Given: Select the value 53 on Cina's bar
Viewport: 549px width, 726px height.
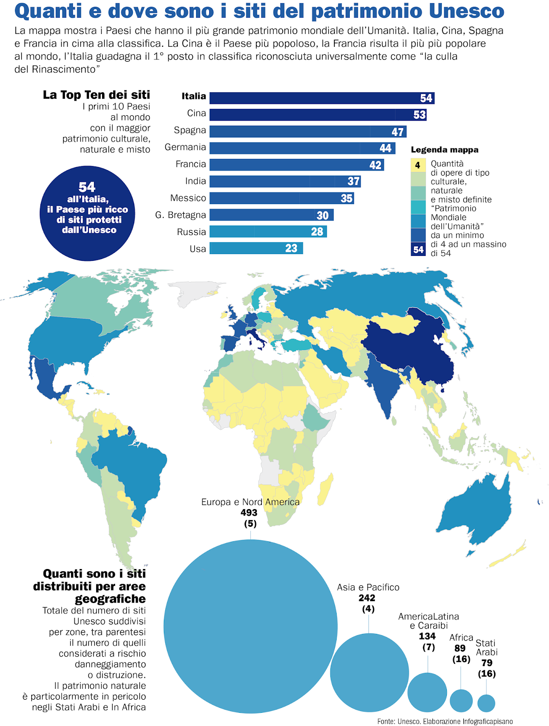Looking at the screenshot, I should click(x=419, y=115).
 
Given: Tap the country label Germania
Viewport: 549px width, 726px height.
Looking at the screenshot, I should click(x=185, y=147).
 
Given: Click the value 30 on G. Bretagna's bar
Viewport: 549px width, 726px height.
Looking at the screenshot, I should click(x=322, y=216).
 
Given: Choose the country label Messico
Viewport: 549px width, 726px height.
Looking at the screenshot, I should click(x=188, y=198).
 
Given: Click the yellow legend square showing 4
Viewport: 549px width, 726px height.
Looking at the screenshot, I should click(x=418, y=165).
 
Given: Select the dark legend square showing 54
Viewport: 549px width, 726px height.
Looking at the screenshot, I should click(x=418, y=249).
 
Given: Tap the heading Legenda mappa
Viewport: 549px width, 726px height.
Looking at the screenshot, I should click(x=444, y=150).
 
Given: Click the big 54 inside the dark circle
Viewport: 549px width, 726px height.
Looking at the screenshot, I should click(x=87, y=187).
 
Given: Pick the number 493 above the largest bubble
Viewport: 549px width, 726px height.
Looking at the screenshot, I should click(x=249, y=513).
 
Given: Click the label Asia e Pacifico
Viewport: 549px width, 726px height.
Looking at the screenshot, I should click(x=368, y=587).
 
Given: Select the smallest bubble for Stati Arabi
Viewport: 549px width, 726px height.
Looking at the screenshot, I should click(x=486, y=703).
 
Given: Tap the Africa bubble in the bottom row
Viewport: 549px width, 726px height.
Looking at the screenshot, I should click(x=461, y=701).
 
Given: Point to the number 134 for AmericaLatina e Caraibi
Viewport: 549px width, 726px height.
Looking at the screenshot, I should click(x=427, y=636).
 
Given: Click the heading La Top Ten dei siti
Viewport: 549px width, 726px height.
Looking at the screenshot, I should click(x=96, y=95).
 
